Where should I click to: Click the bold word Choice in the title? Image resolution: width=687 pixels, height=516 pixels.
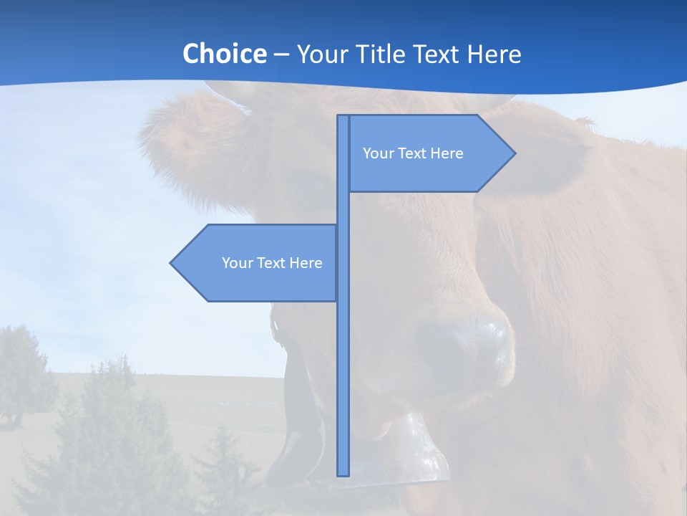pyautogui.click(x=224, y=54)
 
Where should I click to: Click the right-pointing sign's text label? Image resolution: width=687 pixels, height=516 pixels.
pyautogui.click(x=413, y=153)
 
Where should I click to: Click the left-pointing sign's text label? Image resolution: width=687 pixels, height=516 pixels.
pyautogui.click(x=272, y=263)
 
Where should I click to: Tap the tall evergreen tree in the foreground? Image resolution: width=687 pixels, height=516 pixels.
pyautogui.click(x=107, y=430)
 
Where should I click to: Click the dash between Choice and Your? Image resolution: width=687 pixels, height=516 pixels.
pyautogui.click(x=281, y=54)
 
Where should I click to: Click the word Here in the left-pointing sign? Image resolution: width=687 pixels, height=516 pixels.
pyautogui.click(x=306, y=263)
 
